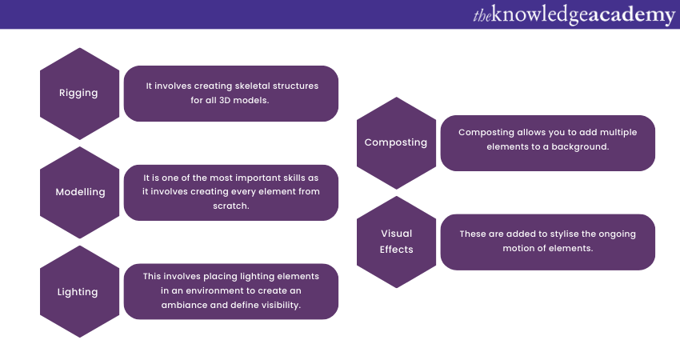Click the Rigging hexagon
click(78, 93)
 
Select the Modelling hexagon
click(78, 193)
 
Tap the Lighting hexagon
click(78, 292)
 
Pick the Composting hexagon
click(396, 142)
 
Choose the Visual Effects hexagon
click(396, 242)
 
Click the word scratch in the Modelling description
click(231, 206)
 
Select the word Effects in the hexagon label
click(396, 250)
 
